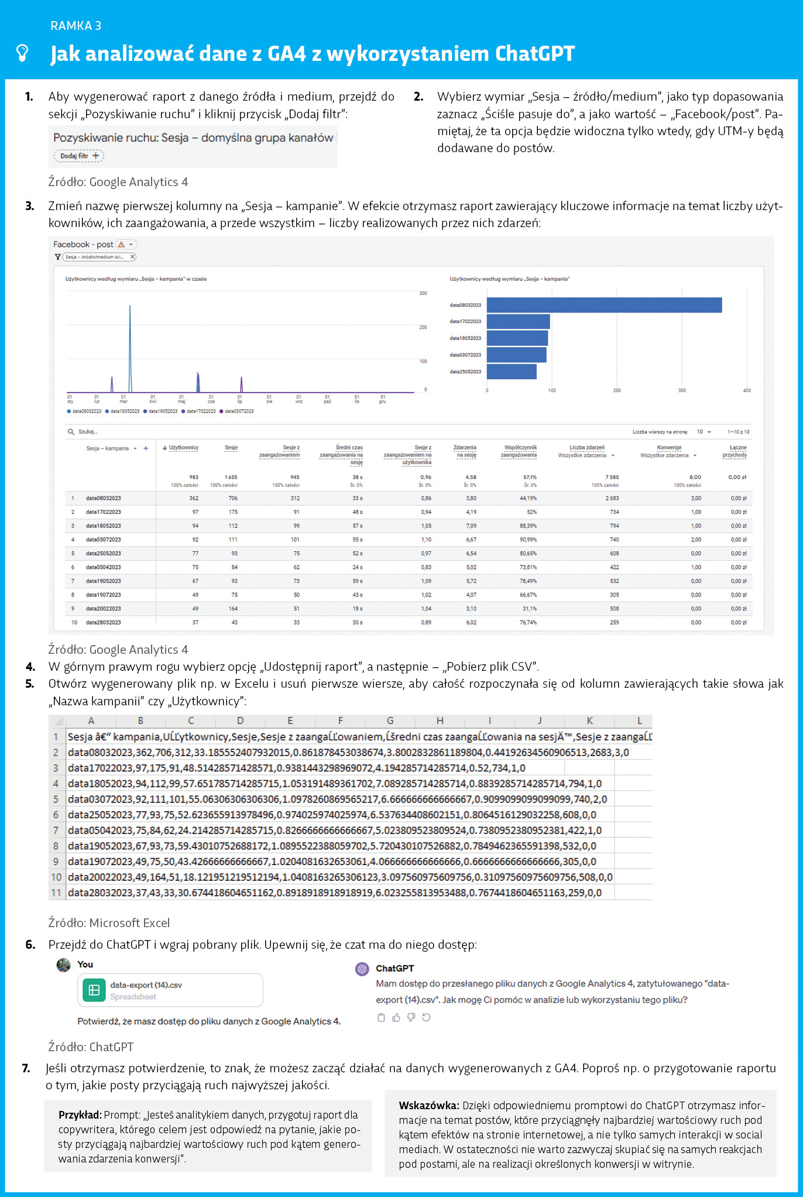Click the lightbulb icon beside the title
tap(22, 53)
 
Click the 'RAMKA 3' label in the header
tap(76, 26)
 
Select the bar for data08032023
tap(603, 305)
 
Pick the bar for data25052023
tap(511, 372)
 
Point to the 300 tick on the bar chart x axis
tap(682, 390)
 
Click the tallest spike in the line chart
tap(130, 345)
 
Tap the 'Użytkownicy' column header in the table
tap(183, 448)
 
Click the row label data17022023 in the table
tap(104, 512)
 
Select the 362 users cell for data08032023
tap(194, 498)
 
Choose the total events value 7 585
tap(612, 477)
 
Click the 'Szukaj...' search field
tap(88, 432)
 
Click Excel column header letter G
tap(390, 721)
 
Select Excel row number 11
tap(56, 893)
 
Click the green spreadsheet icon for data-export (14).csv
tap(94, 990)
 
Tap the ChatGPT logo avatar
tap(362, 969)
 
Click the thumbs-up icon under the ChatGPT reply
tap(396, 1017)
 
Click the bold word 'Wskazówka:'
tap(428, 1106)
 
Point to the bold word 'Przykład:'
tap(80, 1115)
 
